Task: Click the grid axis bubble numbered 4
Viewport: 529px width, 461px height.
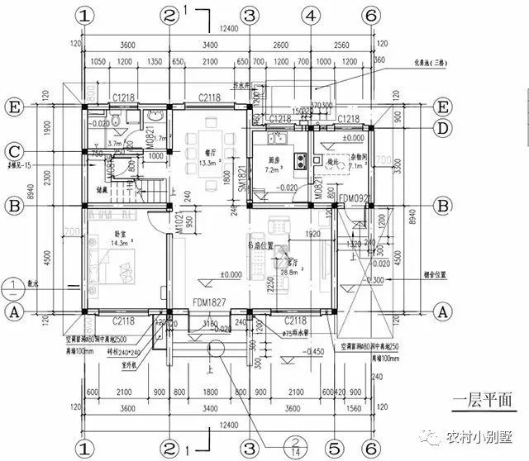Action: [309, 16]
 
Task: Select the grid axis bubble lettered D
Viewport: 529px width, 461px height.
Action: [444, 128]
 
